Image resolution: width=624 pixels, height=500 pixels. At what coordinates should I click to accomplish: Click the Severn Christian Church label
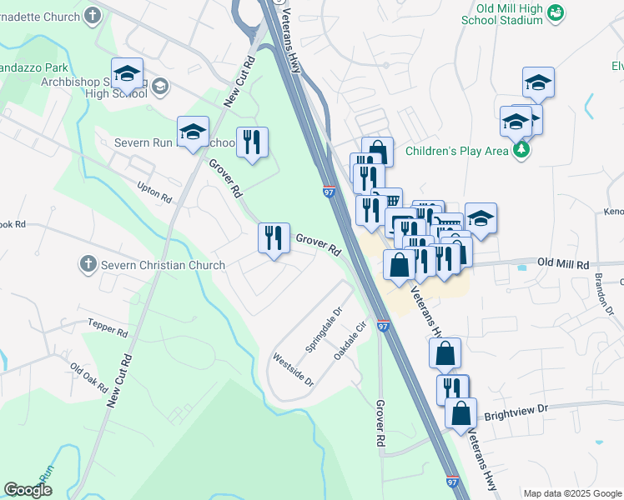[163, 265]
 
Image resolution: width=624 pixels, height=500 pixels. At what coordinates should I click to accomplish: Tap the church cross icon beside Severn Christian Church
[88, 265]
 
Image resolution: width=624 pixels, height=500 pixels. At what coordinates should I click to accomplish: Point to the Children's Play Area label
[456, 151]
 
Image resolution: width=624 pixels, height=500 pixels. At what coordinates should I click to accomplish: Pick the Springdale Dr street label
[324, 331]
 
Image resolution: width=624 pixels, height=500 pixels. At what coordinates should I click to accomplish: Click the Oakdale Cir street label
[350, 342]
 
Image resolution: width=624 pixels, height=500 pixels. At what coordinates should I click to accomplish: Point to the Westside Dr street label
[293, 369]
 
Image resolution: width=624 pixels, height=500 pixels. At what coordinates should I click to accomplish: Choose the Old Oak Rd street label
[88, 377]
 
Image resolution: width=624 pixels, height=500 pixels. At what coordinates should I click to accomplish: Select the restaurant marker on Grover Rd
[273, 238]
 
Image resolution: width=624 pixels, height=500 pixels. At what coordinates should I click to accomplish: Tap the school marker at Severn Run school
[193, 132]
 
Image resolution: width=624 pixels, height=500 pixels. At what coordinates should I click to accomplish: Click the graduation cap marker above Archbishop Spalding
[127, 73]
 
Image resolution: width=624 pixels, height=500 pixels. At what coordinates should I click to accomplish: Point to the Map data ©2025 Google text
[571, 493]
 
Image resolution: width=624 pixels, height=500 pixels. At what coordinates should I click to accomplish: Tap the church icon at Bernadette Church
[93, 14]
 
